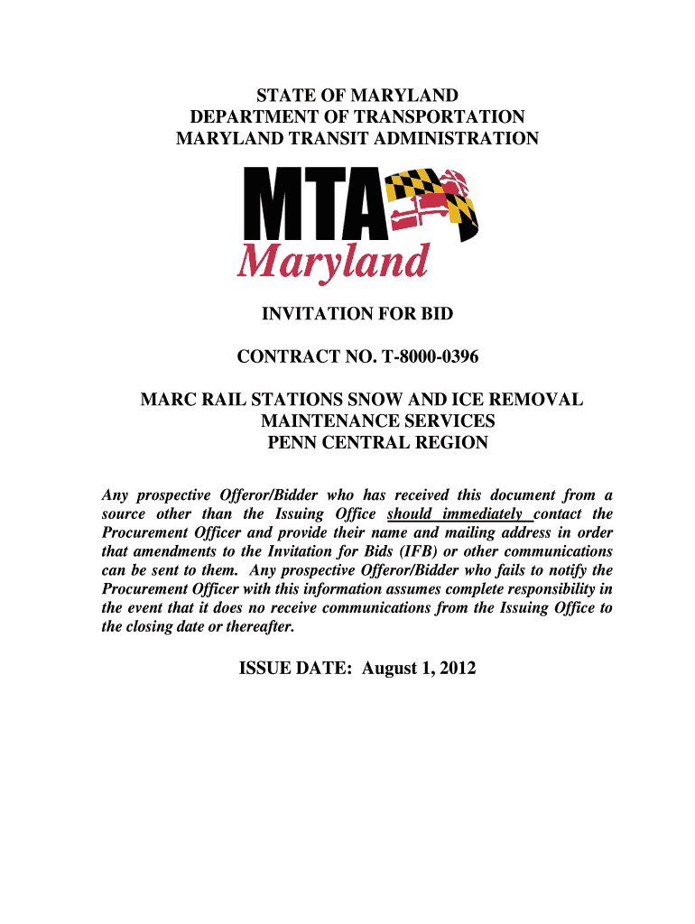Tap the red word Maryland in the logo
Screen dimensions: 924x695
331,263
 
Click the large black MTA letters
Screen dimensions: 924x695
308,208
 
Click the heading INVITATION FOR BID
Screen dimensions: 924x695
357,314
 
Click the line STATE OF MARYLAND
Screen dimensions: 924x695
357,96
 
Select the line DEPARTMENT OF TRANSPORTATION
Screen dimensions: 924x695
357,117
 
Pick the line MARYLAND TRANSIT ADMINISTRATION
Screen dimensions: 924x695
357,139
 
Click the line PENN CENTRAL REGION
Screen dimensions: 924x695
377,443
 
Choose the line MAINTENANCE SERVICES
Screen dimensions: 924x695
377,421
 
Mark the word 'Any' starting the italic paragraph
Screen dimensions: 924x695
115,495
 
